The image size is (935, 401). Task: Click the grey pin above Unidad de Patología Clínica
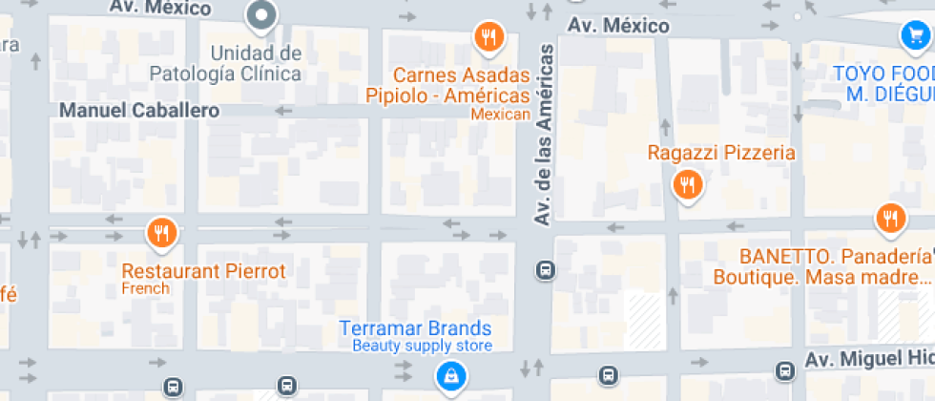pyautogui.click(x=260, y=15)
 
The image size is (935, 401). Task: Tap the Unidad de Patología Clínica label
pyautogui.click(x=225, y=63)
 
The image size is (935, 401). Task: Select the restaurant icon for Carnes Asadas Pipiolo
pyautogui.click(x=488, y=37)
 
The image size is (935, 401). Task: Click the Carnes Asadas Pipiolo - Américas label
pyautogui.click(x=447, y=86)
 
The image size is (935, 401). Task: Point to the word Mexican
pyautogui.click(x=501, y=115)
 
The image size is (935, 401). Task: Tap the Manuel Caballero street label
pyautogui.click(x=139, y=111)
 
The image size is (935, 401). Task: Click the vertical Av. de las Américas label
pyautogui.click(x=544, y=134)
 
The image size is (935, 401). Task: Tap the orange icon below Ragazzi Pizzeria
pyautogui.click(x=687, y=184)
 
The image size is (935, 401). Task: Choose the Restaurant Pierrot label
pyautogui.click(x=203, y=271)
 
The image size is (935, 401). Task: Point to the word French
pyautogui.click(x=145, y=288)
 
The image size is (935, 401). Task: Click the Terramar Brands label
pyautogui.click(x=415, y=328)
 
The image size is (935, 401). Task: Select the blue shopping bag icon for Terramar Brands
pyautogui.click(x=449, y=375)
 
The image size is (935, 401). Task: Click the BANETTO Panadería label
pyautogui.click(x=821, y=267)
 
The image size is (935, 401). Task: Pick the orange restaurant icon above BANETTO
pyautogui.click(x=890, y=218)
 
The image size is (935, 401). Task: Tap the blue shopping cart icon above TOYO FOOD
pyautogui.click(x=914, y=36)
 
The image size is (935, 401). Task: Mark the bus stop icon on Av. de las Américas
pyautogui.click(x=545, y=270)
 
